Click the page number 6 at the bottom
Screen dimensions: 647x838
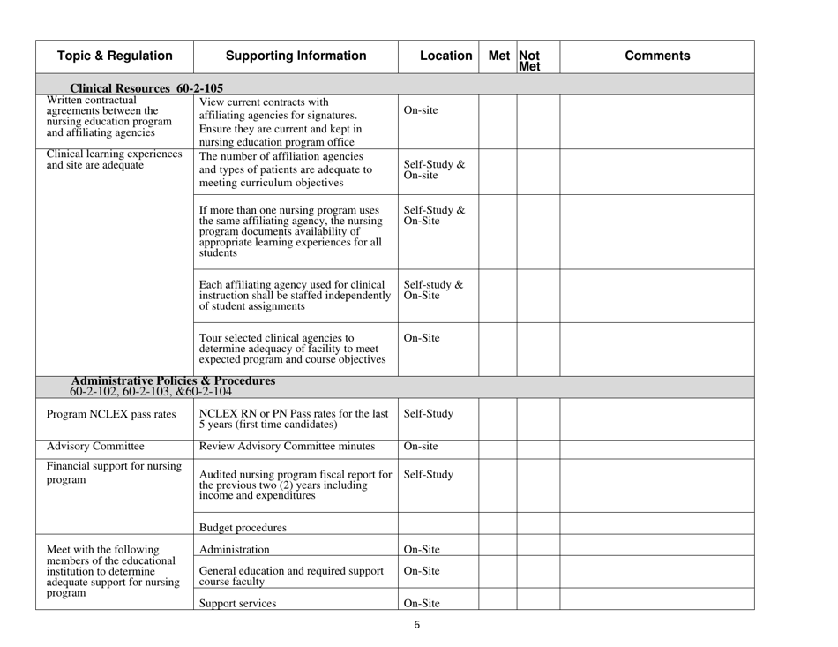(417, 627)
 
